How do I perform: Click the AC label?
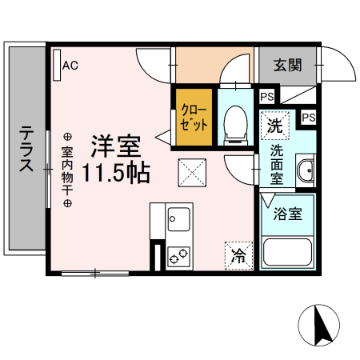pos(70,66)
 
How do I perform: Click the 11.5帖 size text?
pos(117,172)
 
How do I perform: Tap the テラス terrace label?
pos(26,148)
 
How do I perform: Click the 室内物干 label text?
pos(67,170)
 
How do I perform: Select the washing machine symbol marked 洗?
pos(274,125)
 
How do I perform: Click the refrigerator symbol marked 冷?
pos(238,256)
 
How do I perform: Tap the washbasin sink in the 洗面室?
pos(306,170)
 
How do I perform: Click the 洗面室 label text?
pos(276,164)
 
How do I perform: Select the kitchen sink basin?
pos(178,218)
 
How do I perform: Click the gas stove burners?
pos(178,256)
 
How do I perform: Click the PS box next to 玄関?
pos(266,97)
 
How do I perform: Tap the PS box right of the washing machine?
pos(307,117)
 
